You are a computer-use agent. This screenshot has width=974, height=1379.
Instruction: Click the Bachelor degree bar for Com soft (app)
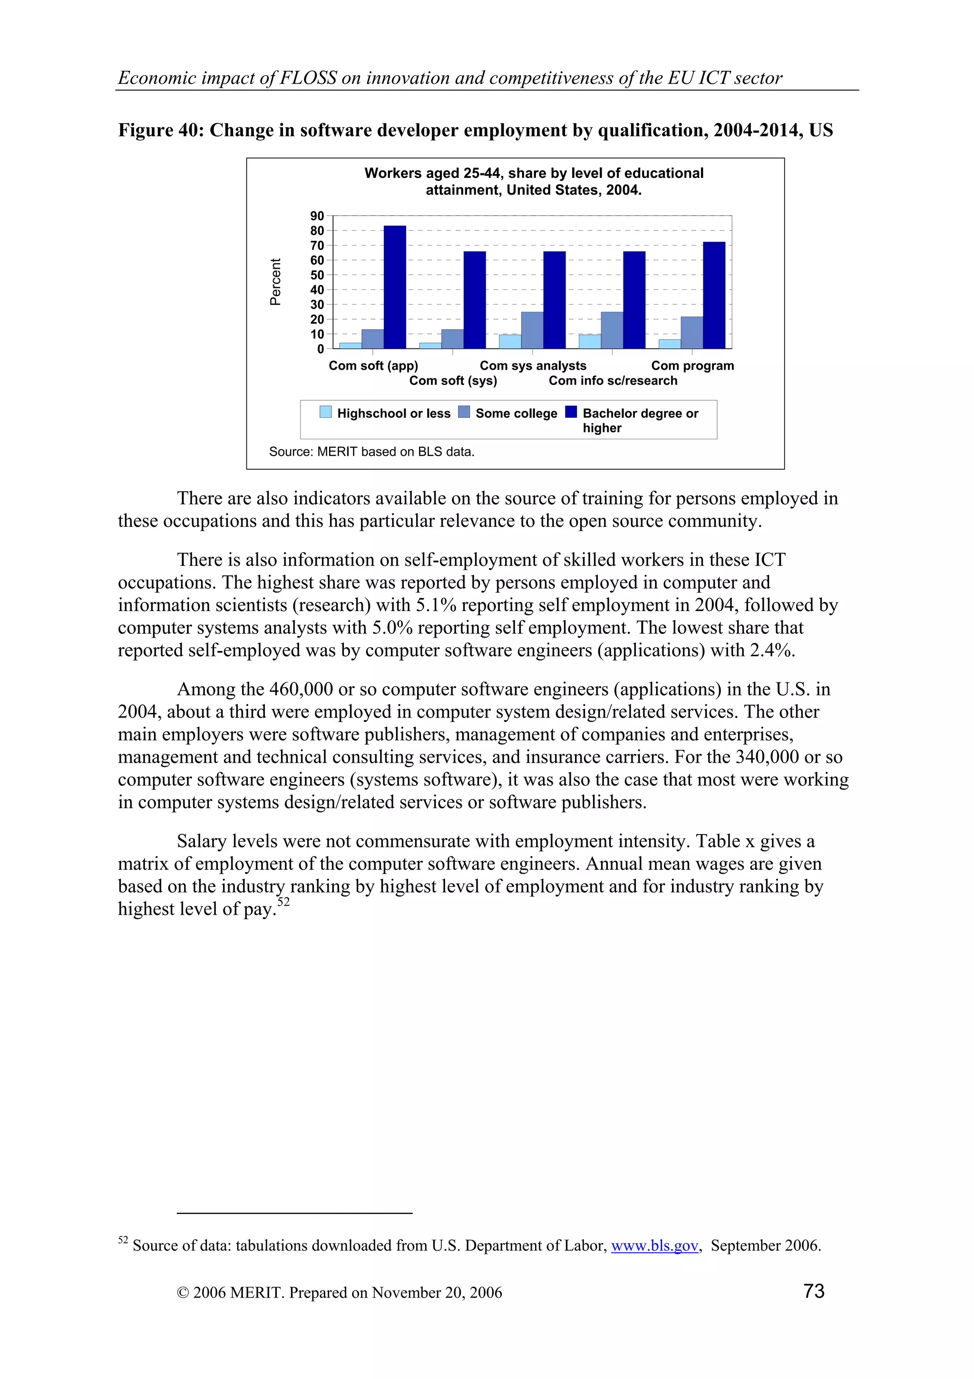click(395, 287)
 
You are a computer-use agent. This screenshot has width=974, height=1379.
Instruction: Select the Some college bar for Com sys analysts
click(532, 330)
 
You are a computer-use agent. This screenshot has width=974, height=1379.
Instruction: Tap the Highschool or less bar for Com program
click(670, 344)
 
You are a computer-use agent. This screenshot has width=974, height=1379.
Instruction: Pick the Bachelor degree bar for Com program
click(714, 295)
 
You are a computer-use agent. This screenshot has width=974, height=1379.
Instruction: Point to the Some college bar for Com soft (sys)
click(452, 339)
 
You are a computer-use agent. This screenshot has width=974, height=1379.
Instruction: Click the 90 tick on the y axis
click(317, 216)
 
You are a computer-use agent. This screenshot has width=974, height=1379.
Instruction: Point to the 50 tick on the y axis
click(317, 275)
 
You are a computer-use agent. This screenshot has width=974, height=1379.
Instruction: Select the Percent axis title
click(275, 282)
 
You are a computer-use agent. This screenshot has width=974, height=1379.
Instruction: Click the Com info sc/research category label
click(613, 381)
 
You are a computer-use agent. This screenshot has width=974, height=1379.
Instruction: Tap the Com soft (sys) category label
click(453, 381)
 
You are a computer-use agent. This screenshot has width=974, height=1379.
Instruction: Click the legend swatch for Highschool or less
click(325, 412)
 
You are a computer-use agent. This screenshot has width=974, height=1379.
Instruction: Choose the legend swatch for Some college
click(464, 412)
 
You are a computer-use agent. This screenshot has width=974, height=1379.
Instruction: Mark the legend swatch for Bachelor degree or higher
click(571, 412)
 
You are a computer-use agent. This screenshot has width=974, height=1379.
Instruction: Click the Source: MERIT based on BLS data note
click(371, 452)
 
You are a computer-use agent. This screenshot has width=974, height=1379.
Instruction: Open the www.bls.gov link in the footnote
click(654, 1245)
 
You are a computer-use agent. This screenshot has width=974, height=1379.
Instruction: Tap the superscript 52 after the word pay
click(283, 903)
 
